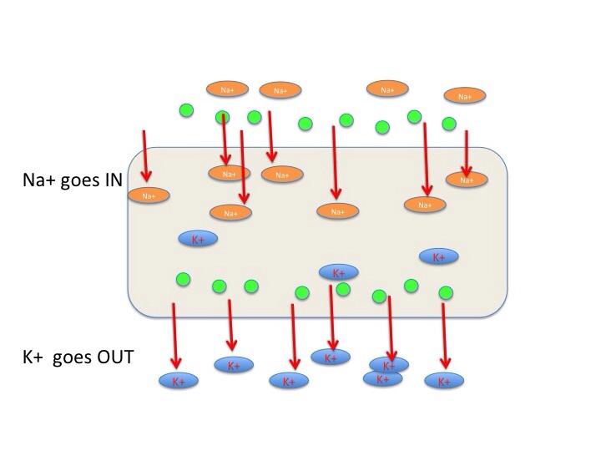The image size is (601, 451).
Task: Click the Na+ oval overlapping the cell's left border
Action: (148, 195)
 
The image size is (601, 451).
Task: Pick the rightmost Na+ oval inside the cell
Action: (467, 180)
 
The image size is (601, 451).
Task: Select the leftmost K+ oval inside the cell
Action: (198, 239)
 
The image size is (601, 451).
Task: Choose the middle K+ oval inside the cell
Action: (338, 272)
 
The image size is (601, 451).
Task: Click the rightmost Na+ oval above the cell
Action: (465, 96)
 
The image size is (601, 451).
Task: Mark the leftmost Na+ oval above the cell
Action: (228, 89)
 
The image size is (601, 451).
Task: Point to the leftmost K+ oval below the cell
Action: (179, 381)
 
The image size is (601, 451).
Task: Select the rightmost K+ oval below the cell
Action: (444, 381)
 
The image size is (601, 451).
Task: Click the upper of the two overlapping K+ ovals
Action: (389, 365)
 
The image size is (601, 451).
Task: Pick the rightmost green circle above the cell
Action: (449, 124)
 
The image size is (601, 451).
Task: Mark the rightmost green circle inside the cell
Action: (446, 292)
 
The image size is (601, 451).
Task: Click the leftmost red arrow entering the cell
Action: (145, 155)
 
